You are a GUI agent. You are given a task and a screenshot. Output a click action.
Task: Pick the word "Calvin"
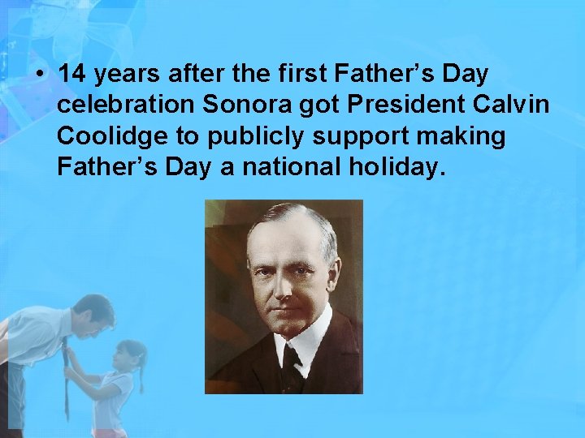coord(520,105)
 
